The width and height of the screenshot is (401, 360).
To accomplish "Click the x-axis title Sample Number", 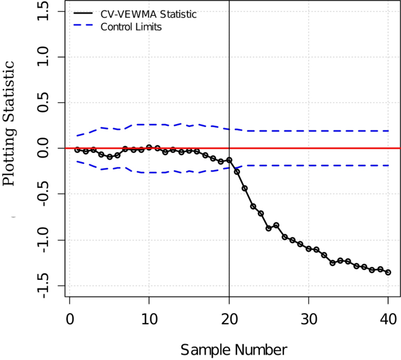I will [x=234, y=350].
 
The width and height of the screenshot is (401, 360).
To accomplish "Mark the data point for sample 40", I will [x=388, y=273].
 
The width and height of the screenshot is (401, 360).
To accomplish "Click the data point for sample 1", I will [x=77, y=150].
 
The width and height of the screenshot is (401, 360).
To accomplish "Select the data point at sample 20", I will [x=229, y=160].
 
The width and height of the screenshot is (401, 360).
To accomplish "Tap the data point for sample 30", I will [x=309, y=249].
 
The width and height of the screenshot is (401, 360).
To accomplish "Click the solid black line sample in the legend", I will [x=84, y=15].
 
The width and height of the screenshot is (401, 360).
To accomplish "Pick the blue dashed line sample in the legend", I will [x=84, y=27].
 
